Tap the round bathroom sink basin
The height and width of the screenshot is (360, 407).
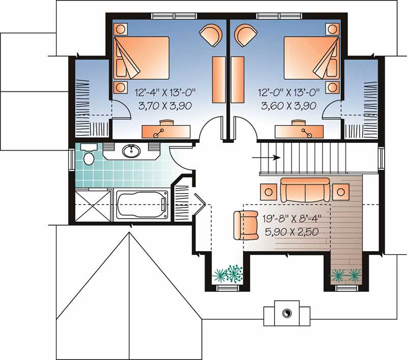(132, 151)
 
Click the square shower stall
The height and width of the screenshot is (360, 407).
(93, 206)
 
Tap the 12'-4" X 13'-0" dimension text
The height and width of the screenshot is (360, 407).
(165, 93)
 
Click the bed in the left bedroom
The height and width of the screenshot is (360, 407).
(141, 58)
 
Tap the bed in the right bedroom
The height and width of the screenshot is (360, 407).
(310, 58)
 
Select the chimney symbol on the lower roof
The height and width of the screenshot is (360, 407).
(286, 313)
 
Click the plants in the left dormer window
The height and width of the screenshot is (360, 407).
(228, 275)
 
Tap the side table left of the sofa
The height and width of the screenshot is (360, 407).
(269, 191)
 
